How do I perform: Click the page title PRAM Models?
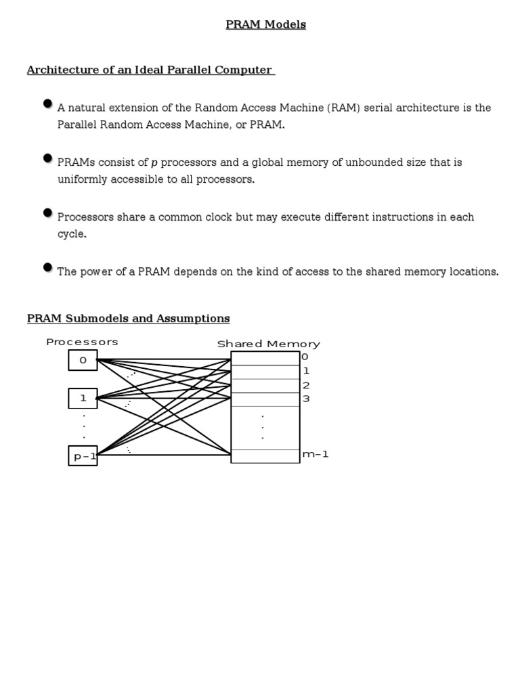click(265, 25)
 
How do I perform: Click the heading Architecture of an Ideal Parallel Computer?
click(150, 70)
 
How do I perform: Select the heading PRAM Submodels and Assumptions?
click(128, 319)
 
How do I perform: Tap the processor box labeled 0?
click(83, 360)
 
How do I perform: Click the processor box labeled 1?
click(83, 399)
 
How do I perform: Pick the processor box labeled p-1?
click(83, 456)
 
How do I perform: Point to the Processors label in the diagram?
click(82, 342)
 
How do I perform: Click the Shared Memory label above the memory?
click(268, 344)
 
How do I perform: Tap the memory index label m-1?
click(316, 454)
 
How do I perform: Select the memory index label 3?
click(306, 399)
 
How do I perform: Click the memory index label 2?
click(306, 386)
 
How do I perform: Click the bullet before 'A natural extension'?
click(47, 104)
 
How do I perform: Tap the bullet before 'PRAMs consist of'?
click(47, 158)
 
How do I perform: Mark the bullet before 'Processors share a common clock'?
click(47, 213)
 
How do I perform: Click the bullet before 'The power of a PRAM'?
click(47, 267)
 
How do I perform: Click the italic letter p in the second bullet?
click(154, 163)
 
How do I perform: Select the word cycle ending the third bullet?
click(71, 234)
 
